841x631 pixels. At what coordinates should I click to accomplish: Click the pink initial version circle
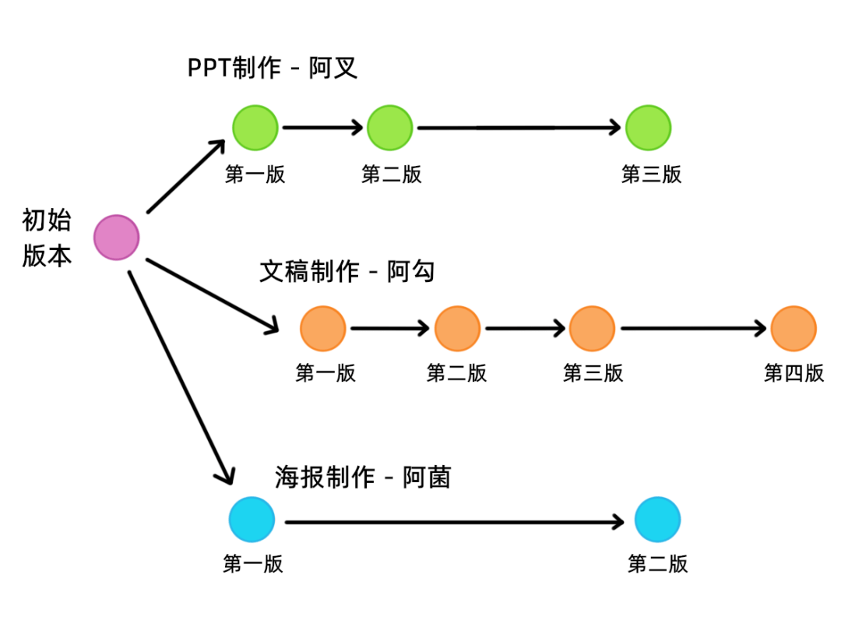[x=117, y=238]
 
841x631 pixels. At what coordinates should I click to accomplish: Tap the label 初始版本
[x=47, y=238]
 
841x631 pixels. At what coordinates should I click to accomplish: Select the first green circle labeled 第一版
[x=255, y=127]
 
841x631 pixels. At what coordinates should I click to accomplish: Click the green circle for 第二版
[x=389, y=127]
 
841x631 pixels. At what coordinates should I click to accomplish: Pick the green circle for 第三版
[x=648, y=127]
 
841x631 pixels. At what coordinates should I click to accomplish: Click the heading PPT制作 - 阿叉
[x=273, y=68]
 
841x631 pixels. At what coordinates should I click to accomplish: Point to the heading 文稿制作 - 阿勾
[x=347, y=271]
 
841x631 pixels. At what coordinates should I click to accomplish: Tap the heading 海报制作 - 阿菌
[x=363, y=476]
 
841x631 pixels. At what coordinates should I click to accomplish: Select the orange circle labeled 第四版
[x=793, y=329]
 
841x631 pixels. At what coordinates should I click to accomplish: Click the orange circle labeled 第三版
[x=592, y=329]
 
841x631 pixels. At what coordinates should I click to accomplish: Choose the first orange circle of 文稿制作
[x=323, y=329]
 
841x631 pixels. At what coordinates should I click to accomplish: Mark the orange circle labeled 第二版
[x=457, y=329]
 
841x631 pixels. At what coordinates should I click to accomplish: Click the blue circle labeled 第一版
[x=252, y=520]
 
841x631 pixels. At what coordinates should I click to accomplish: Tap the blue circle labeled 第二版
[x=657, y=520]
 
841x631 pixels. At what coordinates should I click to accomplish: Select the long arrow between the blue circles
[x=456, y=521]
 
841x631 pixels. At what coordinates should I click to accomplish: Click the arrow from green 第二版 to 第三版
[x=520, y=127]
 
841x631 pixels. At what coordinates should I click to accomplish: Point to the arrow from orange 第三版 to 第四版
[x=693, y=329]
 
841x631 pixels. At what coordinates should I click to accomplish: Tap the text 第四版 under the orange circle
[x=793, y=373]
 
